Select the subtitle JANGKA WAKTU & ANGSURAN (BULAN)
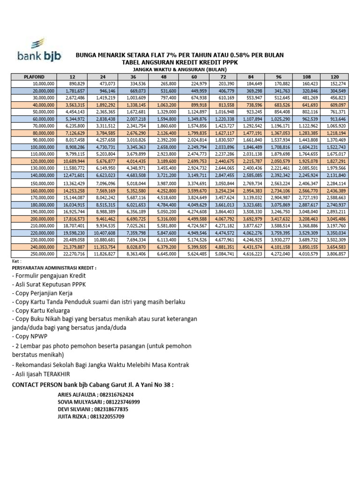click(x=180, y=69)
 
